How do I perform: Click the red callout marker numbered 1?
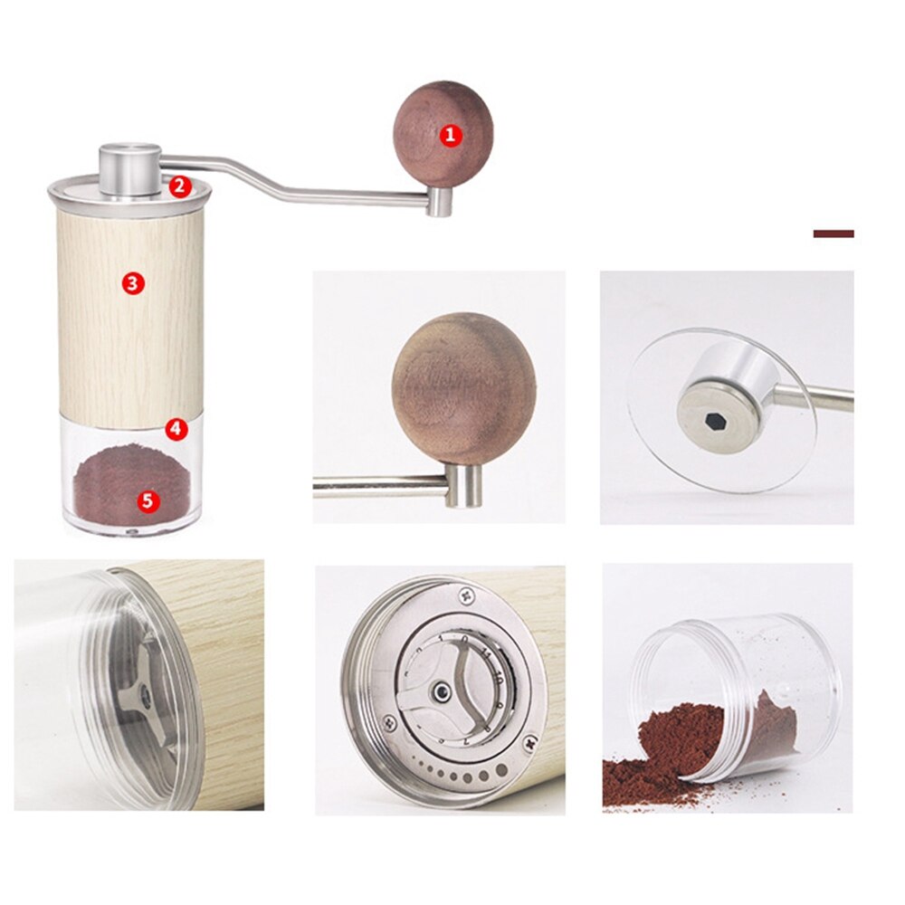pyautogui.click(x=451, y=137)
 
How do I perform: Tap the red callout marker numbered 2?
pyautogui.click(x=179, y=186)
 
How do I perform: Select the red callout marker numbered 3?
pyautogui.click(x=133, y=283)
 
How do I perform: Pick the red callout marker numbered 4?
pyautogui.click(x=176, y=429)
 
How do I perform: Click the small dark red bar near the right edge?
pyautogui.click(x=833, y=233)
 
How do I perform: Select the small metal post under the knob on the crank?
pyautogui.click(x=440, y=201)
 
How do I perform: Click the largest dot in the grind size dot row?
pyautogui.click(x=501, y=771)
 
